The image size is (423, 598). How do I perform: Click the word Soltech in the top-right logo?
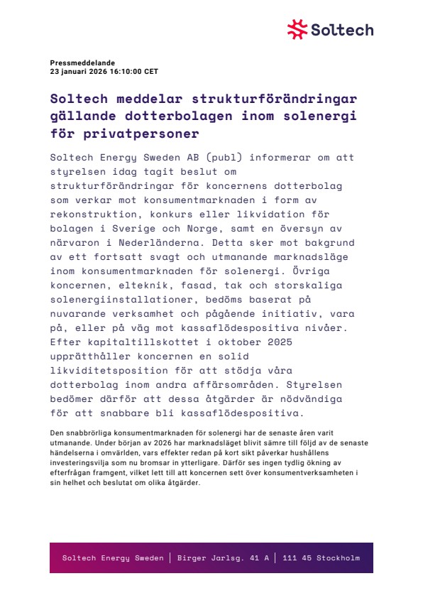coord(341,30)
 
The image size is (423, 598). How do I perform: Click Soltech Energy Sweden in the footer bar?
coord(113,558)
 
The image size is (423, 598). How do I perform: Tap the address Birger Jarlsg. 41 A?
coord(223,558)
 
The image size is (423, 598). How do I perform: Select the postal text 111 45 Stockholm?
coord(321,558)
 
